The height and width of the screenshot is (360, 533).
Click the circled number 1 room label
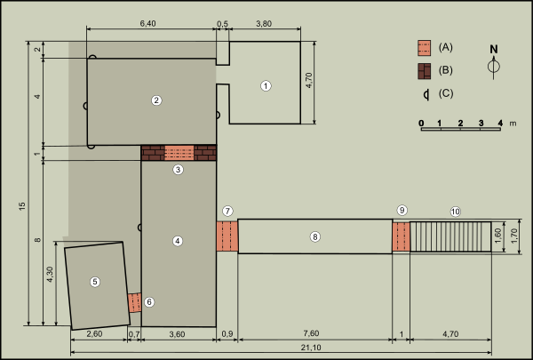pos(266,85)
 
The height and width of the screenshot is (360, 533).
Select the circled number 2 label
pos(156,100)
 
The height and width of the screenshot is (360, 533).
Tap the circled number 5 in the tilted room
pos(95,282)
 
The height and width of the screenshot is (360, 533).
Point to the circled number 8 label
pos(315,236)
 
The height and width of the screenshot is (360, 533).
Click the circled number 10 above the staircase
pos(456,212)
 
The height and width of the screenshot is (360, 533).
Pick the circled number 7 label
pos(227,211)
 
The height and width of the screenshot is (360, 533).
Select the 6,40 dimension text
pos(147,23)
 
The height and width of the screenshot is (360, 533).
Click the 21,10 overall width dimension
pos(311,348)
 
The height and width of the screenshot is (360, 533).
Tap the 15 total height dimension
pos(22,206)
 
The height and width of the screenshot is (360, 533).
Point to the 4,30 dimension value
pos(50,275)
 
